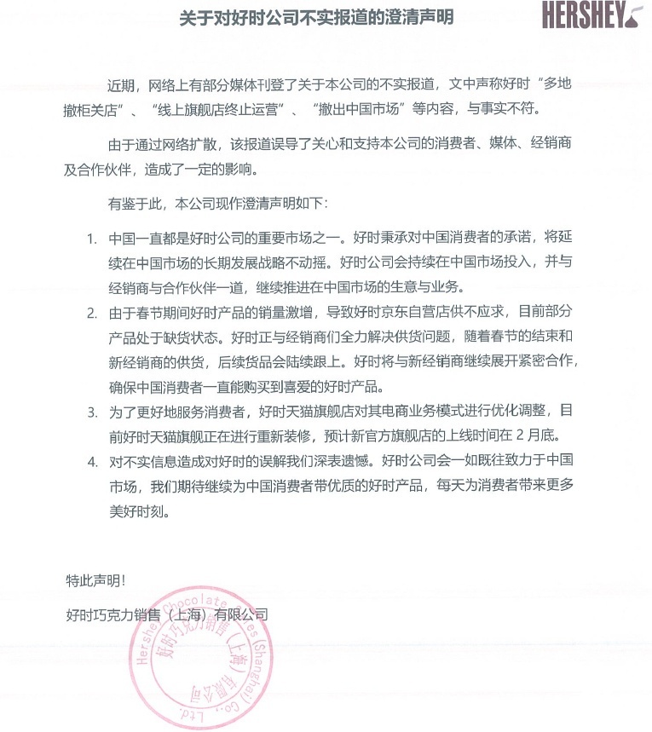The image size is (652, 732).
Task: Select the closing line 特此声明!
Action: point(95,581)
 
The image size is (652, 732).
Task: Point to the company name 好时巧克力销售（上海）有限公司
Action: point(167,614)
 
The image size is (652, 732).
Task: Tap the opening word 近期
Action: point(121,84)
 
